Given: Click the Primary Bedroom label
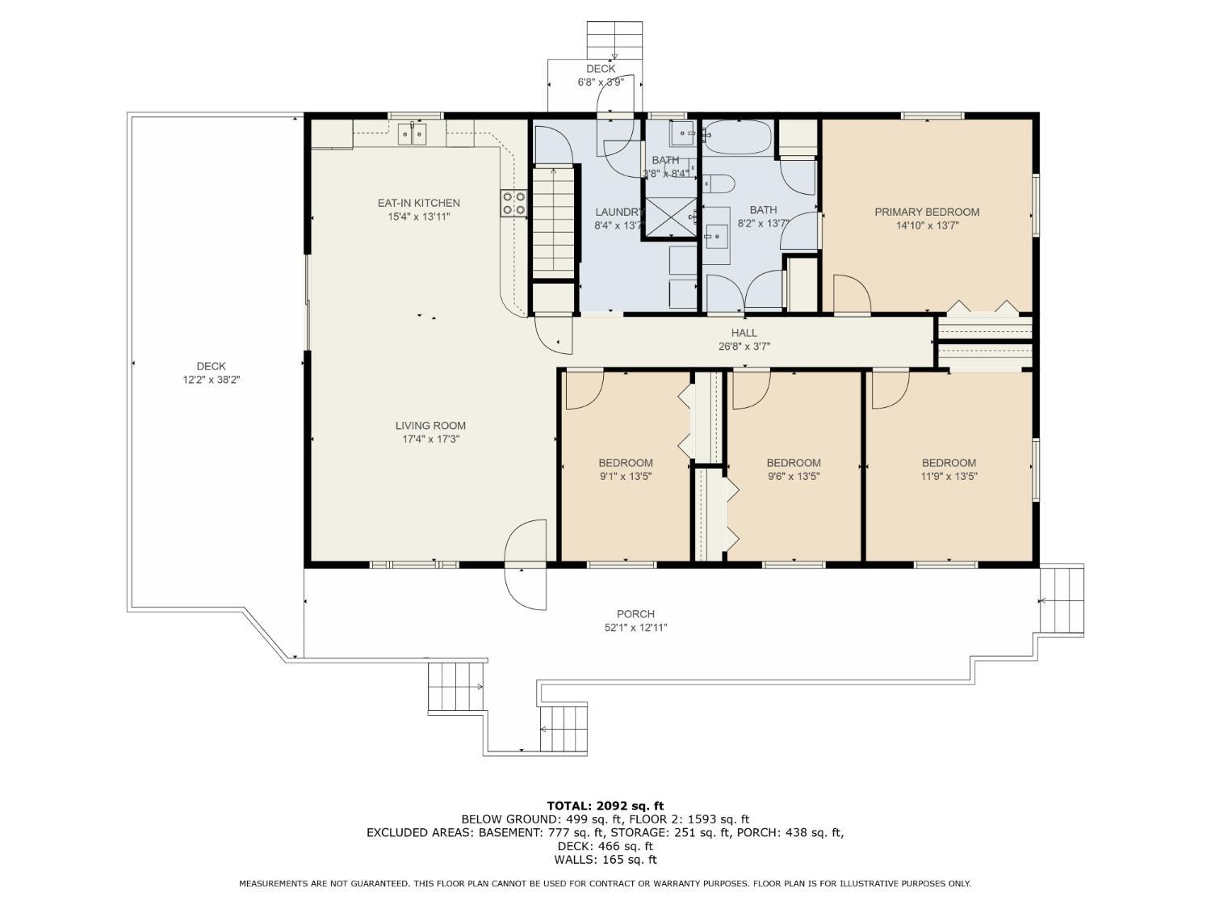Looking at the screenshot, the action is point(926,212).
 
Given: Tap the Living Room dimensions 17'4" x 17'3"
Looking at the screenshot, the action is point(430,440).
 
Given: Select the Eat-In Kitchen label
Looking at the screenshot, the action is point(418,203).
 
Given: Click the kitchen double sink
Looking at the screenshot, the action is point(413,134).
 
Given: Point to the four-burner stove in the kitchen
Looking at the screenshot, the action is point(513,203).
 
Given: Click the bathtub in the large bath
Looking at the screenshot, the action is point(738,137).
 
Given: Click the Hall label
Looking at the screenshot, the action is point(744,333).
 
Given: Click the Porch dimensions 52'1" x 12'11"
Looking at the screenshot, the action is point(635,628).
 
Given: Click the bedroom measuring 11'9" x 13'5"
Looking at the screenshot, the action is point(949,469).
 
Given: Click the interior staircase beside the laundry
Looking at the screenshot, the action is point(553,221).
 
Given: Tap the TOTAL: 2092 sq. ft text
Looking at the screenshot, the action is point(605,806).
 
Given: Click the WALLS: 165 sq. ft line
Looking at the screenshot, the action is point(605,860).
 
